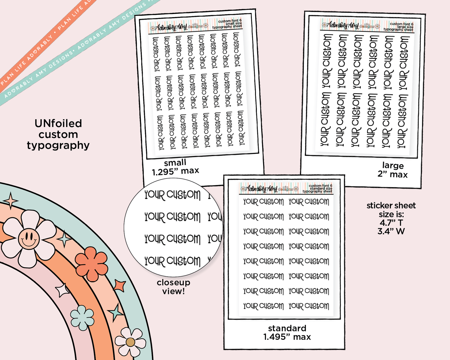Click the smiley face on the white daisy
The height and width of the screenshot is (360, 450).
coord(29,239)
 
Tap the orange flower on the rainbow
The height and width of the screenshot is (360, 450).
coord(92,264)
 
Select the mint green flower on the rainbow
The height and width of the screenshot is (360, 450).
coord(82,318)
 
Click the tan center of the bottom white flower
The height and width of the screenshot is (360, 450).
coord(130,342)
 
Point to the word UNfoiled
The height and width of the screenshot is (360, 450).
coord(58,124)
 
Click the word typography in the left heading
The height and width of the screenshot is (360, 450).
coord(58,145)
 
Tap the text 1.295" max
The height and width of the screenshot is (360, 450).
coord(175,171)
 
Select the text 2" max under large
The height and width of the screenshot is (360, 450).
coord(392,174)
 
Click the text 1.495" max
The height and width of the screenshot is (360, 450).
coord(287,337)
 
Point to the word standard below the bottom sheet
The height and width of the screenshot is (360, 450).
coord(287,328)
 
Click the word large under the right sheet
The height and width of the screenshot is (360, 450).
coord(393,165)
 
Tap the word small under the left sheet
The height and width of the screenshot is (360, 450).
coord(175,163)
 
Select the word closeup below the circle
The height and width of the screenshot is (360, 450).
coord(173,282)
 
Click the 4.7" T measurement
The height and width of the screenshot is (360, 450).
coord(391,223)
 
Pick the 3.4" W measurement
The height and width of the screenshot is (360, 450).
coord(391,231)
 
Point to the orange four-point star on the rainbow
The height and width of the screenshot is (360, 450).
coord(120,286)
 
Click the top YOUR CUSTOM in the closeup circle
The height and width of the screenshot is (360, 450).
coord(172,195)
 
